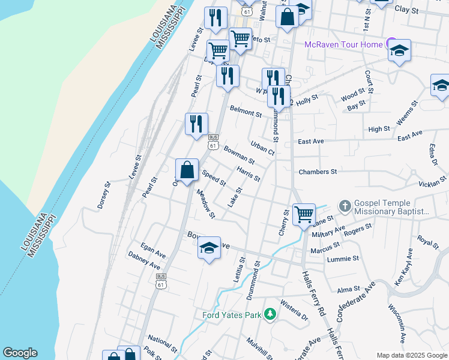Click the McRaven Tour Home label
tap(343, 44)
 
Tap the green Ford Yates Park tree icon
tap(270, 314)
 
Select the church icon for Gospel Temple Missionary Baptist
tap(345, 206)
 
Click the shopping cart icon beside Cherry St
tap(304, 214)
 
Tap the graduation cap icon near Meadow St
tap(209, 248)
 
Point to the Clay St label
tap(406, 10)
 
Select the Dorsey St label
tap(105, 196)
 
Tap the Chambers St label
tap(318, 172)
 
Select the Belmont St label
tap(246, 110)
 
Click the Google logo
tap(20, 353)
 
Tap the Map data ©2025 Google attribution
tap(411, 355)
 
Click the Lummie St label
tap(343, 259)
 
